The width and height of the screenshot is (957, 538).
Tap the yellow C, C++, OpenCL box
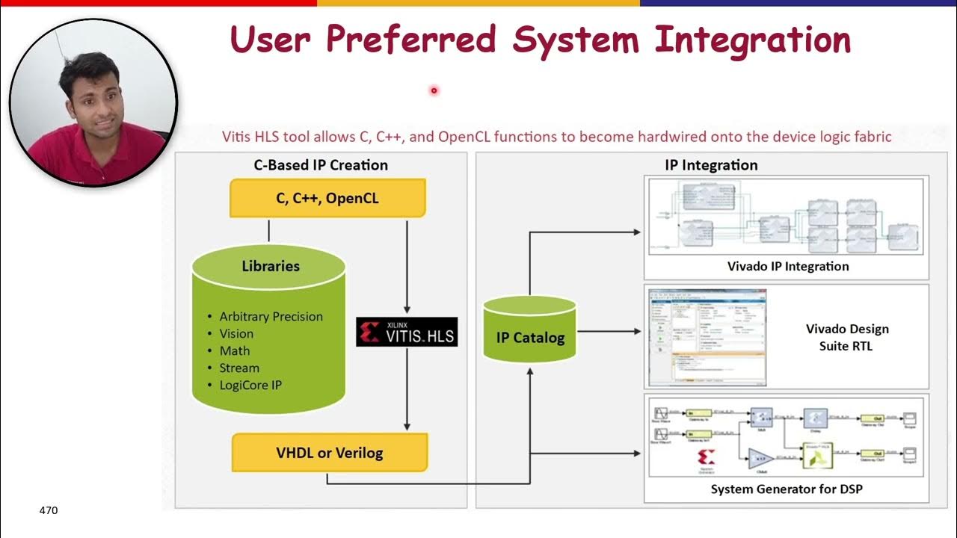[327, 198]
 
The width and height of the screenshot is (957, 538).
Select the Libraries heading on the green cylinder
[271, 266]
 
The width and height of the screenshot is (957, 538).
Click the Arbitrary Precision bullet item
[271, 317]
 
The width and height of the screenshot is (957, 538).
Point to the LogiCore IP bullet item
[250, 386]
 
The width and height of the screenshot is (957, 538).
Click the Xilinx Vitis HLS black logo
[407, 332]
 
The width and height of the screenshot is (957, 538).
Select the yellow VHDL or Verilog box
[329, 453]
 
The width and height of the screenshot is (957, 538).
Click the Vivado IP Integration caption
[788, 266]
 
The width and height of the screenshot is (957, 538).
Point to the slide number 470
[49, 510]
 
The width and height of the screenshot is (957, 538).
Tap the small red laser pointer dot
[433, 91]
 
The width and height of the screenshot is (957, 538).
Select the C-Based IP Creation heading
[321, 165]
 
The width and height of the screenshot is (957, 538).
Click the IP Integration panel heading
[711, 165]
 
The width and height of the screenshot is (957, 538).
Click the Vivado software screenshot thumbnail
[707, 336]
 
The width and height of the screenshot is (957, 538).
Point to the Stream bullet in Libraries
[239, 368]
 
